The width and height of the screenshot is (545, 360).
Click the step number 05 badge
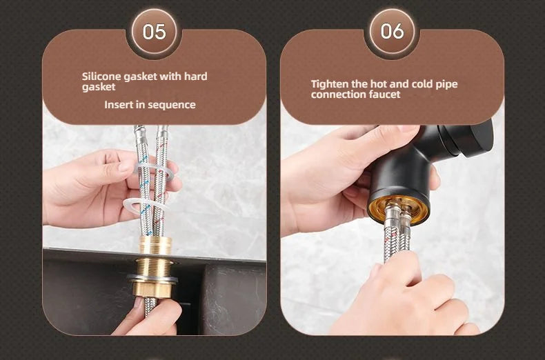[x=154, y=31]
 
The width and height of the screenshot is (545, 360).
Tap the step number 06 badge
[x=391, y=31]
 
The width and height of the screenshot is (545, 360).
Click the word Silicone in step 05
[x=101, y=76]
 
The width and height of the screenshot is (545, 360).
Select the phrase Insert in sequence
[x=150, y=105]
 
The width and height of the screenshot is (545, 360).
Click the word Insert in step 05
[x=117, y=105]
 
